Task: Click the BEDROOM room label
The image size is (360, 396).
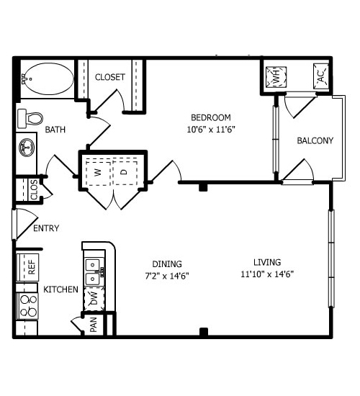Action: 211,117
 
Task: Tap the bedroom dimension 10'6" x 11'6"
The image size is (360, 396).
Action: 211,130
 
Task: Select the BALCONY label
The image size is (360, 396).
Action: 315,140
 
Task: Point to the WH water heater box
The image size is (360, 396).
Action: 276,77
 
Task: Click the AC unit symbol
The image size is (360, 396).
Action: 321,76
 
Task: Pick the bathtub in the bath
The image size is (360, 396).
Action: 49,78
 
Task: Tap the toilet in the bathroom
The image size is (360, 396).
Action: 30,119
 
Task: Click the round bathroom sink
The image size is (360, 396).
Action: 27,148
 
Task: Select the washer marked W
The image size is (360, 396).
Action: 98,173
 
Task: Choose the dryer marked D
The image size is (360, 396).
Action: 125,173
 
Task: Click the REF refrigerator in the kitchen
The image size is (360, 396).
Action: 27,267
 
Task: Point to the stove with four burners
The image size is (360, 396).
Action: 27,306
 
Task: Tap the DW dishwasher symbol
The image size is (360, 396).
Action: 94,299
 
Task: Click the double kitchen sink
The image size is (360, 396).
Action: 94,272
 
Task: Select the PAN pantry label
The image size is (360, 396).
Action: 93,325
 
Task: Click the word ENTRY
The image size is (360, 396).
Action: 46,228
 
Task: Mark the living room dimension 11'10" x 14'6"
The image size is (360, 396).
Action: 267,274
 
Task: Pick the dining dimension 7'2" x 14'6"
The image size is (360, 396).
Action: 167,276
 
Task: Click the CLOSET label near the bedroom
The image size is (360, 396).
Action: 110,77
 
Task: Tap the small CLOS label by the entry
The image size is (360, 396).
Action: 34,190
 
